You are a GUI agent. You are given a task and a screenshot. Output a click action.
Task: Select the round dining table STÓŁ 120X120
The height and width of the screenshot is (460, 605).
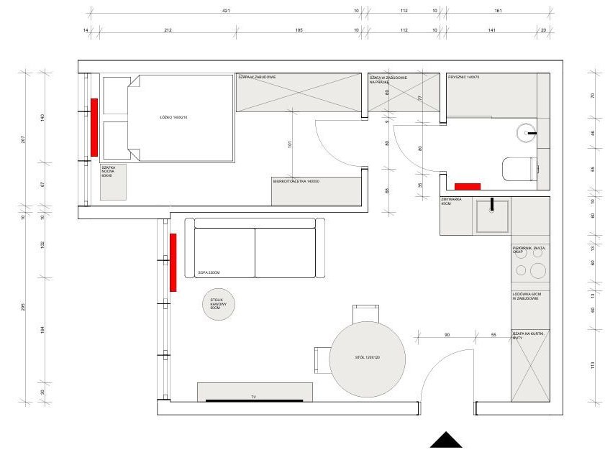point(367,358)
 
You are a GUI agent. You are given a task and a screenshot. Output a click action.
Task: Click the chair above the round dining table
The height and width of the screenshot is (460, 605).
point(366,314)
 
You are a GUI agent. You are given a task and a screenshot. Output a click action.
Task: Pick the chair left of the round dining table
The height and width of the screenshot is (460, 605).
point(322,357)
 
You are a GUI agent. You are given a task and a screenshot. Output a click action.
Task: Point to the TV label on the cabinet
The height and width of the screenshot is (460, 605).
point(253,396)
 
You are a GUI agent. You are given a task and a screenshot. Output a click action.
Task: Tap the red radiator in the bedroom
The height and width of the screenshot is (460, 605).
point(94,127)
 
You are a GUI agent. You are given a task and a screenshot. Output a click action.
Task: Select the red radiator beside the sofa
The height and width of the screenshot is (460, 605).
point(173,262)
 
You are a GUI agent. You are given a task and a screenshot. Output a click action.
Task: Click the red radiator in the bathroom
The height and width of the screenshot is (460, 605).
point(467,187)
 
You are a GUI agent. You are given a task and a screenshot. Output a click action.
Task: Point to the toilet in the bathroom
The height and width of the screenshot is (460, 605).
point(519,170)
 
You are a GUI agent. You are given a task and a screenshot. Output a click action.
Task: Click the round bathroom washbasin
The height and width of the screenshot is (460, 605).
point(527,134)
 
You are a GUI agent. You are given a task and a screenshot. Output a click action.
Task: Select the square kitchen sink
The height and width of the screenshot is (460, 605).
point(492,216)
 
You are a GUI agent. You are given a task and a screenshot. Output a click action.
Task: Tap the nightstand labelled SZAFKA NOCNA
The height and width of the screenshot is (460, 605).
point(113,182)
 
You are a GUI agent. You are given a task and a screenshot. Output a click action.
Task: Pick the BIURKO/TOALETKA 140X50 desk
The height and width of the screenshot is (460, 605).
point(317,191)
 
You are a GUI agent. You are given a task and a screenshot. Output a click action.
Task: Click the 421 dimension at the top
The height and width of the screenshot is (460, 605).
point(226,11)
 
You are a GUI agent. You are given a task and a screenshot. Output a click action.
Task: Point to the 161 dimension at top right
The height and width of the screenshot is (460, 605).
point(498,11)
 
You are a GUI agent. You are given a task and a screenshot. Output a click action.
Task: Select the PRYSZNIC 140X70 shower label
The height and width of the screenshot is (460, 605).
point(464,77)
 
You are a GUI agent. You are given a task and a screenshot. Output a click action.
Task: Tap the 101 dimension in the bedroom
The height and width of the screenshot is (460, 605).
point(288,143)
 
